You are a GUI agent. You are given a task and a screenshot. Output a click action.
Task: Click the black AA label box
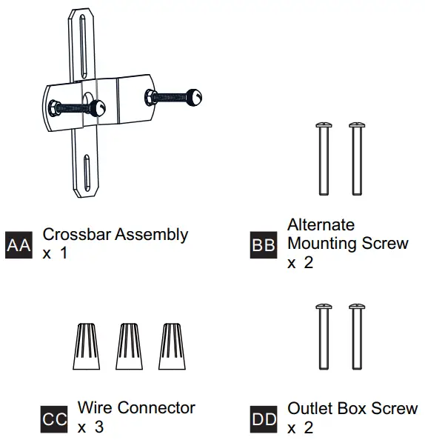point(19,244)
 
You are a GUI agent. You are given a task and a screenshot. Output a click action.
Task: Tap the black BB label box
point(264,244)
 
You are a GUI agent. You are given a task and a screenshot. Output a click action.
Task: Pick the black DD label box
point(264,419)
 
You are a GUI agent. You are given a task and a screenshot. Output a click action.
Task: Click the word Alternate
point(321,224)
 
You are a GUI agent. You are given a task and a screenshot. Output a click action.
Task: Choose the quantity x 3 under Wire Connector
point(90,427)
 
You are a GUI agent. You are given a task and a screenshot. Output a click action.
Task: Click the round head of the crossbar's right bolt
point(195,96)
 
